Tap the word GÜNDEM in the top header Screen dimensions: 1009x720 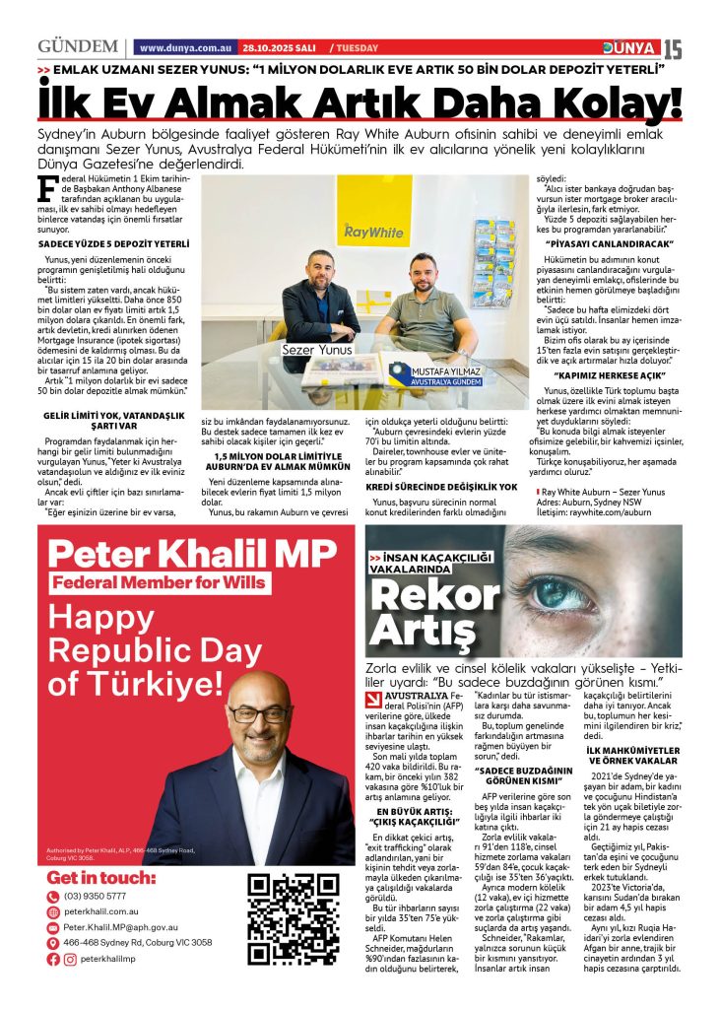[78, 47]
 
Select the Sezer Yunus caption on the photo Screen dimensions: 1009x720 [317, 349]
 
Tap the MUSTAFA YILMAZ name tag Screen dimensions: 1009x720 [432, 371]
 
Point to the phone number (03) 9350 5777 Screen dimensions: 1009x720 [95, 896]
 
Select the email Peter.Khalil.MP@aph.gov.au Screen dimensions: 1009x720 [120, 927]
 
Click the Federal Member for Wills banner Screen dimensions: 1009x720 [160, 582]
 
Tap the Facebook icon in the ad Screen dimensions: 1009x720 [53, 959]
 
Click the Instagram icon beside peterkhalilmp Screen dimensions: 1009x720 [69, 959]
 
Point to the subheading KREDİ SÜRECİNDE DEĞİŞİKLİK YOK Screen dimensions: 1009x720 [441, 487]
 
